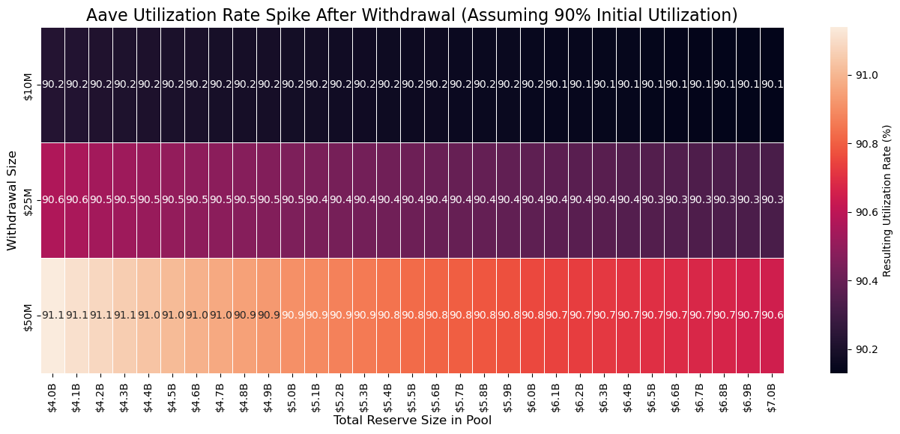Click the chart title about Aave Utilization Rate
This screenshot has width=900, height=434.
(412, 15)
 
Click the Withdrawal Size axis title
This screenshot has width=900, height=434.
(12, 200)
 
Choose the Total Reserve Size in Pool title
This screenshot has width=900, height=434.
(412, 421)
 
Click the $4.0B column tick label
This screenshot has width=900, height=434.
(53, 394)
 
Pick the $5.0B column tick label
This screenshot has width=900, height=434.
(293, 394)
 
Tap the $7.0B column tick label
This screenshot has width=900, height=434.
(773, 394)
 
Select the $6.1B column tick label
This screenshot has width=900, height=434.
(557, 394)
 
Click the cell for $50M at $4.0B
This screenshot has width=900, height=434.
(53, 316)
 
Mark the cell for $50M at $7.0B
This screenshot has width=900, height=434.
(773, 316)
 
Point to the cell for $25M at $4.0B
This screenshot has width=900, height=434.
(53, 200)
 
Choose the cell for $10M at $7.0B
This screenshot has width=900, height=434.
(773, 85)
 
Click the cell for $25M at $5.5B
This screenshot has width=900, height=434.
(413, 200)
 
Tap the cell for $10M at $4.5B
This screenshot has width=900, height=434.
(173, 85)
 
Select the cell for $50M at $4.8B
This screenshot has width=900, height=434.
(245, 316)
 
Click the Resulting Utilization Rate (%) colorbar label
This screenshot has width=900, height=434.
(887, 200)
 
